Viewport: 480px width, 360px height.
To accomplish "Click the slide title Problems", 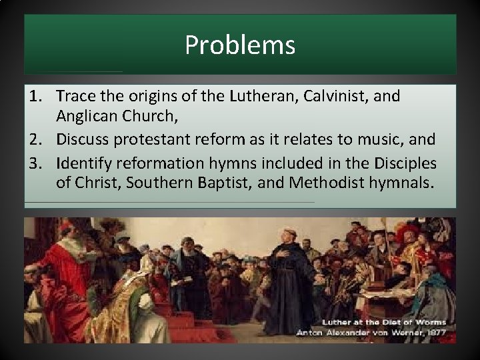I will point(240,45).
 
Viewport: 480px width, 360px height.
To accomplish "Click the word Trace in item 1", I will point(76,96).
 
